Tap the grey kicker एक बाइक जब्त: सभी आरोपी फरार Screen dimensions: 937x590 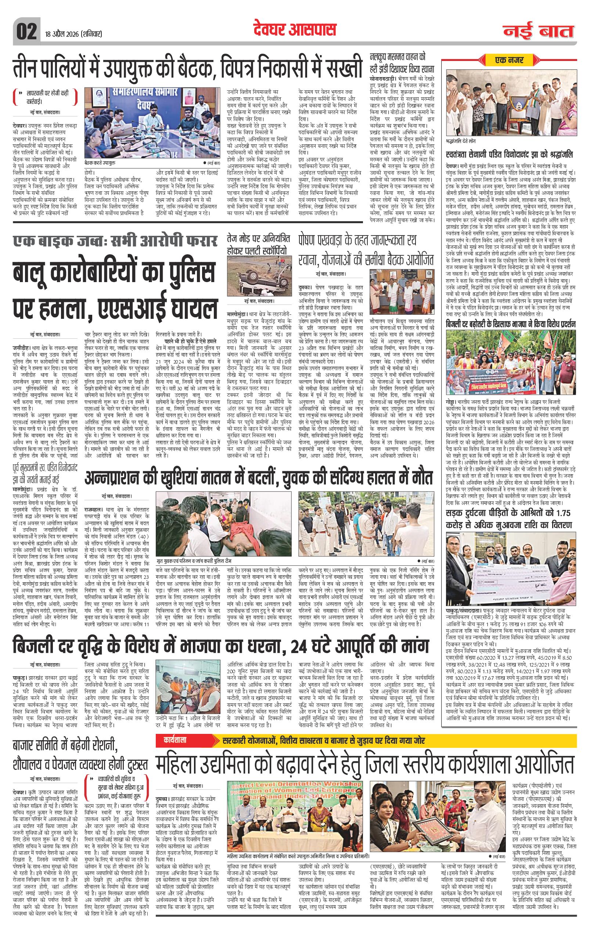point(115,242)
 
